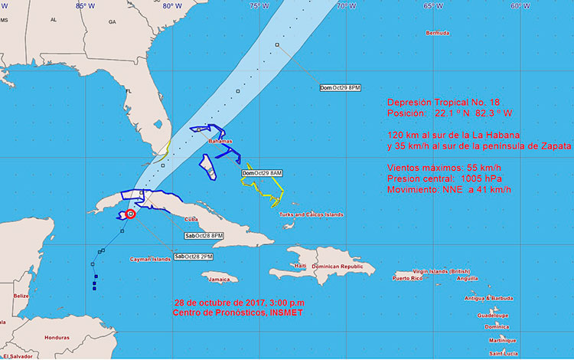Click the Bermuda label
[437, 33]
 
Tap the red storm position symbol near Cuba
[130, 214]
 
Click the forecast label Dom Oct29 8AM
[262, 173]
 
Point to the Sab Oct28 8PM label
[204, 235]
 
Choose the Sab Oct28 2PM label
[194, 256]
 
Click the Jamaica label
[219, 280]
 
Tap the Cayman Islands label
[150, 260]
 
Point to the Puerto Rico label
[407, 278]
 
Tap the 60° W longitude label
[521, 6]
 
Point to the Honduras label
[57, 337]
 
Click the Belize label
[21, 295]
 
